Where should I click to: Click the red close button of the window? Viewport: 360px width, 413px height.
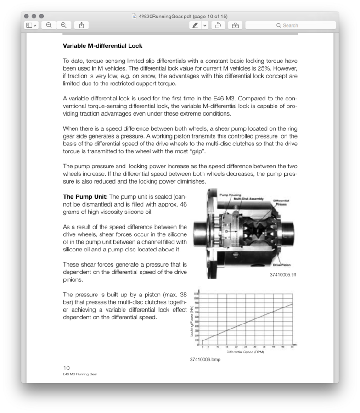point(27,17)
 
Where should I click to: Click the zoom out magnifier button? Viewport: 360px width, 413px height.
point(49,25)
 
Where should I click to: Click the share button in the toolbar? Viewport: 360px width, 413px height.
point(81,25)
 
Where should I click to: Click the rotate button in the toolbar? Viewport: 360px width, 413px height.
point(219,25)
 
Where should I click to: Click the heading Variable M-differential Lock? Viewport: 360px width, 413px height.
point(102,46)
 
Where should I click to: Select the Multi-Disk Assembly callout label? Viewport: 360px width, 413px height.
point(248,199)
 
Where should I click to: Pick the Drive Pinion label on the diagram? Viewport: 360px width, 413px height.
point(281,265)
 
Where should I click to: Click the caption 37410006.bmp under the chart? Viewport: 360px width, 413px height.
point(205,359)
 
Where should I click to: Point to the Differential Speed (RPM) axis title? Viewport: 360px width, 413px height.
point(245,352)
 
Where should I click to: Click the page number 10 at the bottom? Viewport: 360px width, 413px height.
point(66,368)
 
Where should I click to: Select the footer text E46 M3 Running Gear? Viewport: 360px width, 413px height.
point(80,374)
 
